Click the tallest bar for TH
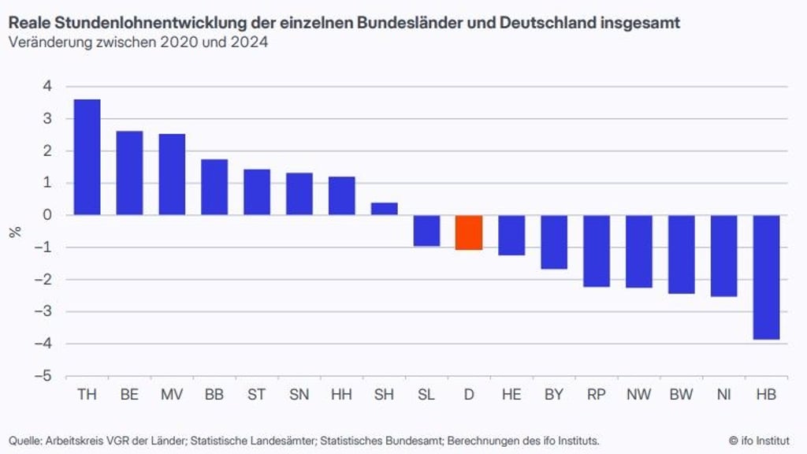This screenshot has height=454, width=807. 87,157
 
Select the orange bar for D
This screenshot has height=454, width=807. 469,232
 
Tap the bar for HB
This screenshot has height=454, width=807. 766,277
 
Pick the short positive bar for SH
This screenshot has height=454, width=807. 384,209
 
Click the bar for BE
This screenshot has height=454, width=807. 129,173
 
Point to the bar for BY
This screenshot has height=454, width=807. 554,242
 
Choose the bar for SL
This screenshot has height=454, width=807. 426,230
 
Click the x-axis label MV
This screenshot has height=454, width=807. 172,394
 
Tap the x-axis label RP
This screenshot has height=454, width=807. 596,394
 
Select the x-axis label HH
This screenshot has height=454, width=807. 341,394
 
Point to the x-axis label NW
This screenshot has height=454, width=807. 638,394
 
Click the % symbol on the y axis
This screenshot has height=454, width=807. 14,232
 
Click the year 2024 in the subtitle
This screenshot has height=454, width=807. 250,43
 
